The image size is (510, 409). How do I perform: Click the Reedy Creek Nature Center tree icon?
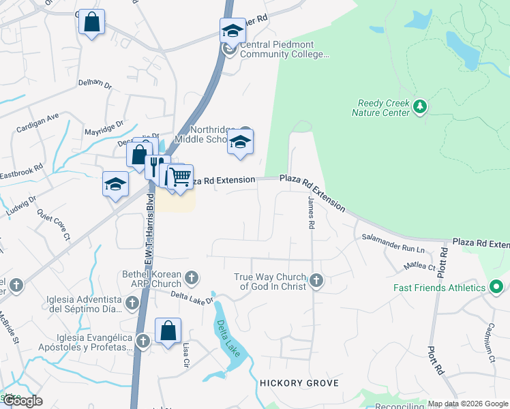[x=420, y=107]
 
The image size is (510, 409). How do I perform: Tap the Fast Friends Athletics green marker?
[x=496, y=287]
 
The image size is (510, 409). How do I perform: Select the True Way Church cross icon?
[x=316, y=279]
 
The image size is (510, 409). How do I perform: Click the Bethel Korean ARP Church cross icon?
[x=192, y=277]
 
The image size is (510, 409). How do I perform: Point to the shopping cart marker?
[x=180, y=177]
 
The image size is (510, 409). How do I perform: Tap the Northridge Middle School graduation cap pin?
[x=239, y=142]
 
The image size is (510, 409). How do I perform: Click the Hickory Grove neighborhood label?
[x=299, y=383]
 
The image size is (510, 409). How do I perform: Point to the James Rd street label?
[x=311, y=213]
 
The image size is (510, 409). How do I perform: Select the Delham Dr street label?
[x=95, y=82]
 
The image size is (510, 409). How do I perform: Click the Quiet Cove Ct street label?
[x=54, y=224]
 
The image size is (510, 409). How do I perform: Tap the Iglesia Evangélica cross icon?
[x=143, y=341]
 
